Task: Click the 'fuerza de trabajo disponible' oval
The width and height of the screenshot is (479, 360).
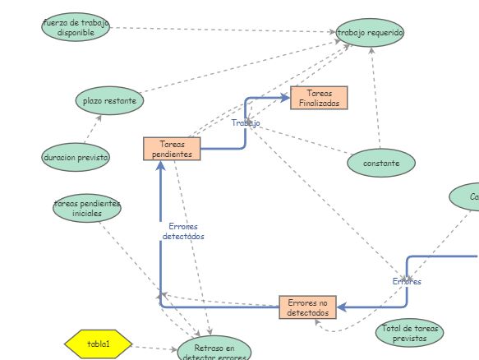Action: (75, 27)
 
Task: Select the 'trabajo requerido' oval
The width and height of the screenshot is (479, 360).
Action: (370, 32)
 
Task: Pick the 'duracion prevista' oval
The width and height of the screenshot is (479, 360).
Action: (76, 156)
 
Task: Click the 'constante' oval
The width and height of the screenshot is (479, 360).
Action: (380, 163)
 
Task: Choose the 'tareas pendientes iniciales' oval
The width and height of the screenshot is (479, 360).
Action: (87, 208)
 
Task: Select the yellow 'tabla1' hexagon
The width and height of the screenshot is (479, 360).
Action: (98, 344)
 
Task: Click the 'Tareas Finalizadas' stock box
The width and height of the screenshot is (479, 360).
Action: (320, 98)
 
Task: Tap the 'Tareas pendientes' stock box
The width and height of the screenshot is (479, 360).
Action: (172, 149)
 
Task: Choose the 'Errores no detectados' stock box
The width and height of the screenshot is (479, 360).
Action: (307, 307)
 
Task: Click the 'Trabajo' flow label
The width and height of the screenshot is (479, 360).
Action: (245, 123)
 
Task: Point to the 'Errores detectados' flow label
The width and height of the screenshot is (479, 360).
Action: (182, 231)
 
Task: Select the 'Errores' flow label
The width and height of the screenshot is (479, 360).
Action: (407, 281)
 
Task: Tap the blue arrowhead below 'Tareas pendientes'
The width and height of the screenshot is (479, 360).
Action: (160, 166)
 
